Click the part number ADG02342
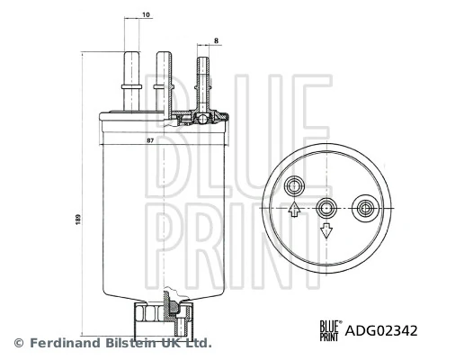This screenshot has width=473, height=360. tap(381, 330)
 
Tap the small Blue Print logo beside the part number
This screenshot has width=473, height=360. tap(328, 330)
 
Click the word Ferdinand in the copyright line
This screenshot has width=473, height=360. tap(61, 343)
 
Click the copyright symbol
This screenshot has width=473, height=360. tap(19, 343)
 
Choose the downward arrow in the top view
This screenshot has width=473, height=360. tap(327, 231)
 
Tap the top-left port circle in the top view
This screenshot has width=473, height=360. tap(294, 186)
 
